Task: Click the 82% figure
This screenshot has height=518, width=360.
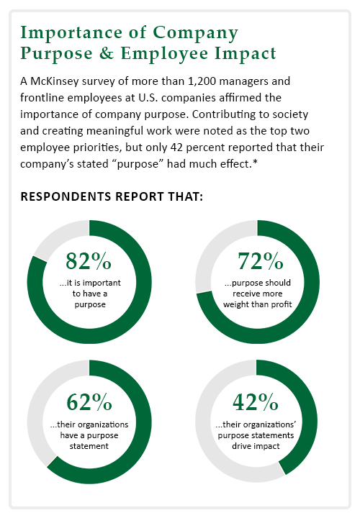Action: (89, 260)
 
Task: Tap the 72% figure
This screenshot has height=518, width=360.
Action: (261, 260)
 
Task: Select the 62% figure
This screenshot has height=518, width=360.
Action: (89, 402)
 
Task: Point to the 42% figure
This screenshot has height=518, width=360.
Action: (255, 402)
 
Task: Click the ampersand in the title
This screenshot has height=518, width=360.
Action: (106, 53)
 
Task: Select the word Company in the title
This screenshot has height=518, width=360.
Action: (195, 33)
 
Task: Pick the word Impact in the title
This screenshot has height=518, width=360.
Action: (245, 53)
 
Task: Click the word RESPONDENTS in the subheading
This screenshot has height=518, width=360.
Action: (66, 196)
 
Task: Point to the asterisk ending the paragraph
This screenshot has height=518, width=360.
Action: (255, 162)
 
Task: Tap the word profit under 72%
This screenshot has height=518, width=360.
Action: (281, 304)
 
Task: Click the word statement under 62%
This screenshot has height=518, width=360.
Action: (89, 446)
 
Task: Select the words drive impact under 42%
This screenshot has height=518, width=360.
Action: (256, 446)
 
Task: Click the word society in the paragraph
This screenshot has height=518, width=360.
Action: (289, 114)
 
